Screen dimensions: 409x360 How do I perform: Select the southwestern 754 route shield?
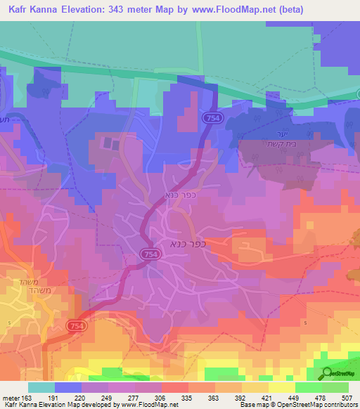point(77,327)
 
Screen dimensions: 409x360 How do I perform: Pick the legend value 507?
point(347,397)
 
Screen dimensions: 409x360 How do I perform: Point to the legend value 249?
point(108,397)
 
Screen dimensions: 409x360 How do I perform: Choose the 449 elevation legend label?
point(294,397)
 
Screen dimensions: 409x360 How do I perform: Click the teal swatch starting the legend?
point(41,387)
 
